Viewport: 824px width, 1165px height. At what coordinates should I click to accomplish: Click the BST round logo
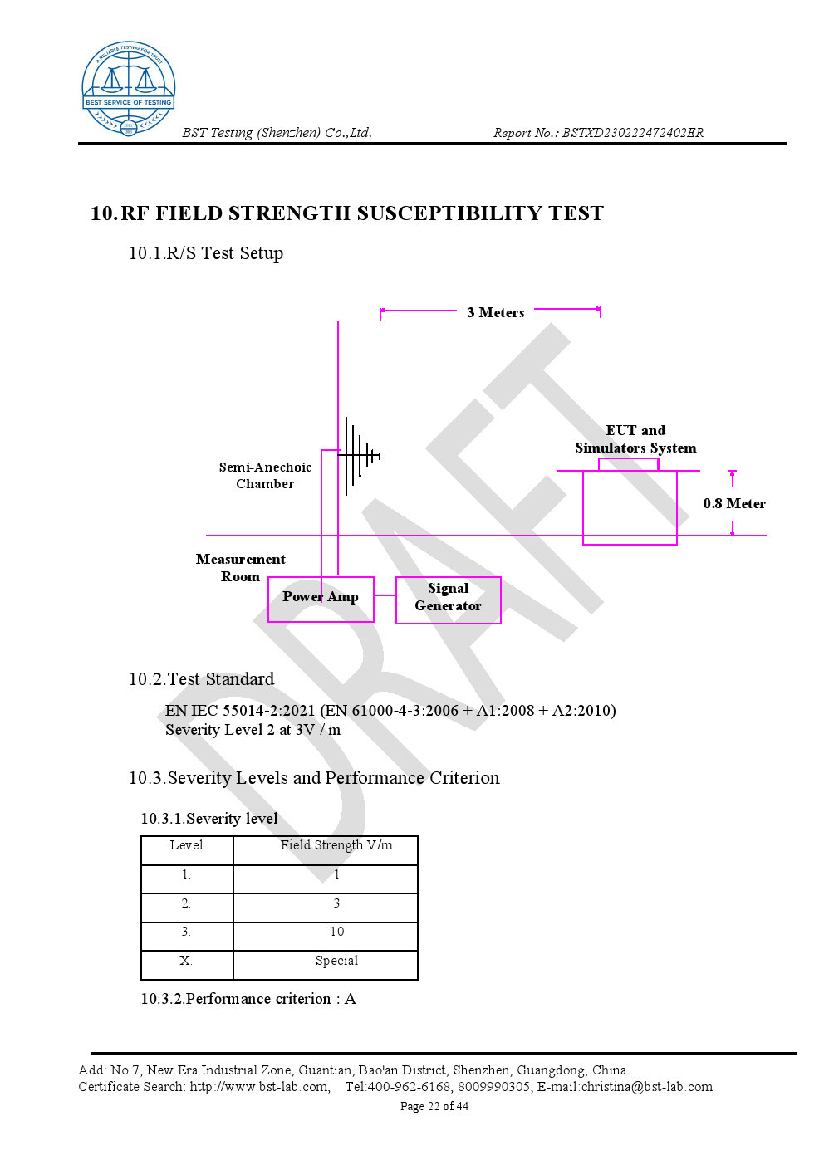[x=129, y=88]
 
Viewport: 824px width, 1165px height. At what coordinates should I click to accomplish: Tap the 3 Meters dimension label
[x=496, y=312]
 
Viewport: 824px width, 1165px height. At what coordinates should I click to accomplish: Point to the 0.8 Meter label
[x=734, y=503]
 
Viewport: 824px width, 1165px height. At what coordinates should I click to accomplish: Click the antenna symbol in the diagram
[x=359, y=456]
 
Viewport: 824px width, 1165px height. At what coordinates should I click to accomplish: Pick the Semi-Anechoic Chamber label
[x=265, y=475]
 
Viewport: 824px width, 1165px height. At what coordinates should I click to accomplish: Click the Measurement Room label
[x=240, y=567]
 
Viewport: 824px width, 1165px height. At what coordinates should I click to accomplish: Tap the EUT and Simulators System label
[x=635, y=439]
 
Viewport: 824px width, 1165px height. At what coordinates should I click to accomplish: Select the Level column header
[x=186, y=845]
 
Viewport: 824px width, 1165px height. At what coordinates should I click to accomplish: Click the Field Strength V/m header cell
[x=336, y=845]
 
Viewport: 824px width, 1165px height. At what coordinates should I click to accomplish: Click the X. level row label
[x=186, y=961]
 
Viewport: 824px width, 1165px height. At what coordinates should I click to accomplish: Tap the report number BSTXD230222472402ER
[x=633, y=133]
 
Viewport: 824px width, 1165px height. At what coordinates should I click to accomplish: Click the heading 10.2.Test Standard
[x=202, y=679]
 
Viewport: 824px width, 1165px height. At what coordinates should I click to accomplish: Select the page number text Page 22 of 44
[x=434, y=1106]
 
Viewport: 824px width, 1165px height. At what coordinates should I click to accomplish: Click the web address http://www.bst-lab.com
[x=259, y=1087]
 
